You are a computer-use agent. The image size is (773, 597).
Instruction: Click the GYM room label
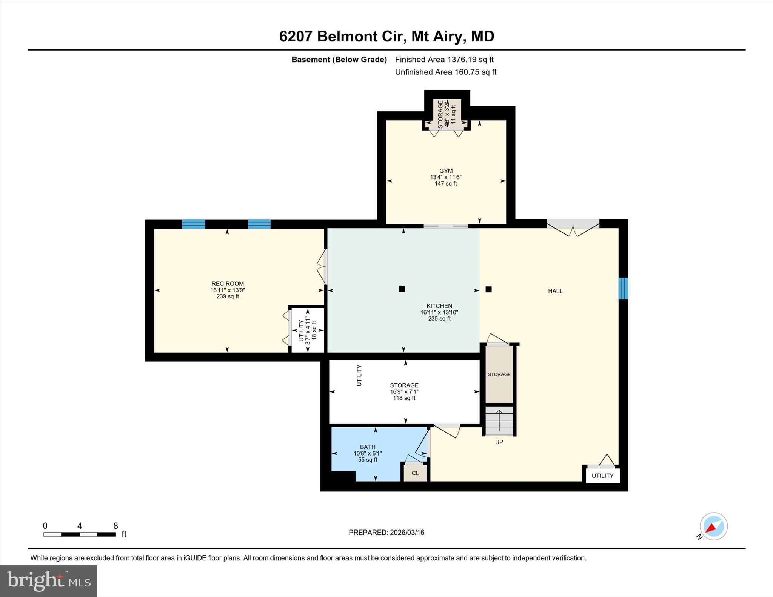[446, 171]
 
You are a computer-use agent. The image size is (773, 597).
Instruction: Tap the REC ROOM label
[227, 284]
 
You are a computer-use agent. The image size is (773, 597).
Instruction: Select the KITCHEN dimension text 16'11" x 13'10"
[439, 312]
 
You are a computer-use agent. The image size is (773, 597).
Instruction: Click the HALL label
[555, 291]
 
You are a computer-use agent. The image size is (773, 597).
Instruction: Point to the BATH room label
[367, 447]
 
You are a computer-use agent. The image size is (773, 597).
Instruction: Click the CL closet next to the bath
[415, 473]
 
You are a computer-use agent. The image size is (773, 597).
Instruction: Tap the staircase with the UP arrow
[499, 421]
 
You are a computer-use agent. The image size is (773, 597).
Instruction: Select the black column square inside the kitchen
[402, 289]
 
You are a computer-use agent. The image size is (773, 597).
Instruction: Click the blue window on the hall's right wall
[623, 289]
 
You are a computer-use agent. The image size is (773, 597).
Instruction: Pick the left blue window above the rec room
[194, 224]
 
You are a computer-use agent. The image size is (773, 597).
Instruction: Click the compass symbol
[713, 526]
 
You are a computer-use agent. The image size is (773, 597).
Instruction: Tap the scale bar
[80, 534]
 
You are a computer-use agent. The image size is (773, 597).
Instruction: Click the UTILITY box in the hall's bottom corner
[602, 476]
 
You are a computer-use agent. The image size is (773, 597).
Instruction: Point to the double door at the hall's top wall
[573, 228]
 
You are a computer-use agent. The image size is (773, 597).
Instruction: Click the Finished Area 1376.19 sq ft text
[444, 60]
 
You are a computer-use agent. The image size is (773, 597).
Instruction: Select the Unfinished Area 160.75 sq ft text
[445, 72]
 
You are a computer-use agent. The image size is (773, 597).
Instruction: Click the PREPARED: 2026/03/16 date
[386, 533]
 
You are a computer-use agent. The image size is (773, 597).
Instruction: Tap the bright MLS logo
[48, 581]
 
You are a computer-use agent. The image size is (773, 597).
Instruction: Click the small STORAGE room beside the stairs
[499, 374]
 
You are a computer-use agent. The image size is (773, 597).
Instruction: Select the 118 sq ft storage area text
[404, 398]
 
